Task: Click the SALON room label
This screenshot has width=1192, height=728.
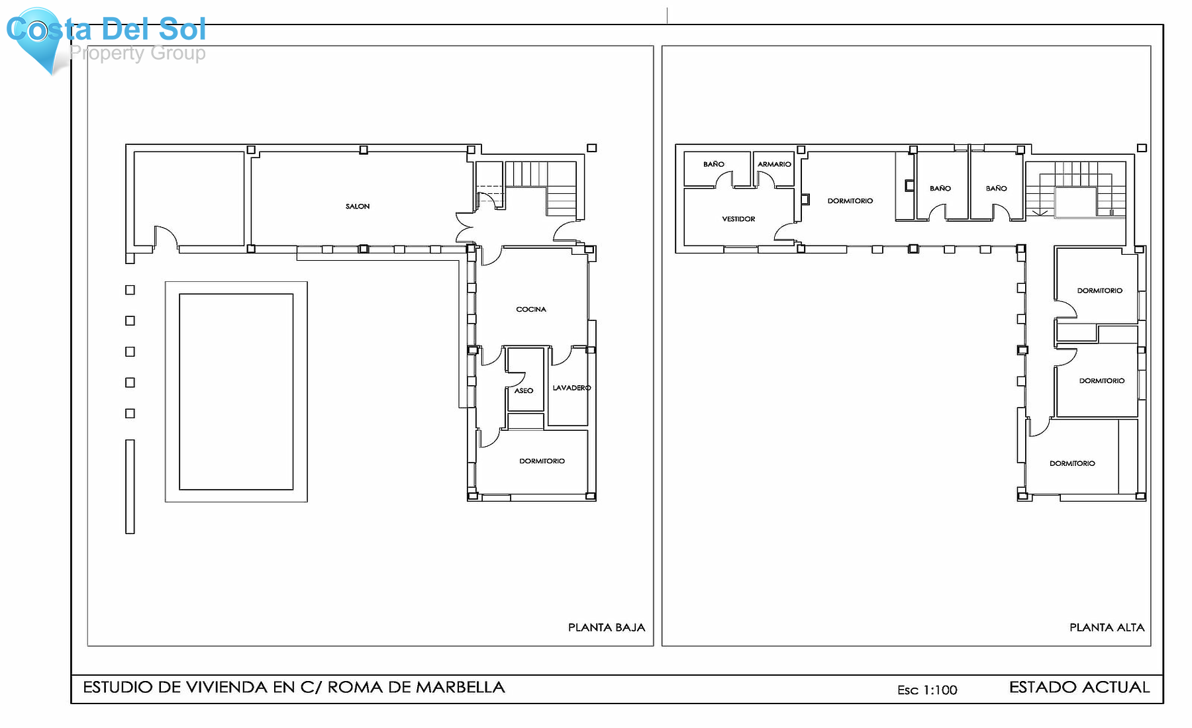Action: (358, 206)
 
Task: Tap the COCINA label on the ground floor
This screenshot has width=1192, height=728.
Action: (531, 309)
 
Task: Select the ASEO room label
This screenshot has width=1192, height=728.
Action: (524, 390)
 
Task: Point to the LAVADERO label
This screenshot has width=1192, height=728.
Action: (571, 388)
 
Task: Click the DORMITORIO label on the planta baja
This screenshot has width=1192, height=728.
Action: (542, 461)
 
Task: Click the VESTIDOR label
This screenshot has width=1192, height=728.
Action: (738, 219)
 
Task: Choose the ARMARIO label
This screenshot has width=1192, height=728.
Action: (774, 164)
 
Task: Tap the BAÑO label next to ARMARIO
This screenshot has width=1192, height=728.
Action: (714, 164)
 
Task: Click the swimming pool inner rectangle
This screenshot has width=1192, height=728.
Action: (236, 392)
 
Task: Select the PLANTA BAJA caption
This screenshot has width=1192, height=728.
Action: (606, 627)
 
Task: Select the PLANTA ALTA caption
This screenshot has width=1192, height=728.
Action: (1107, 627)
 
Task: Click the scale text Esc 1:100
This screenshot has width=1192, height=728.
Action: (927, 690)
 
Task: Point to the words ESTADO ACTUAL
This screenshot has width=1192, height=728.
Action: (1079, 687)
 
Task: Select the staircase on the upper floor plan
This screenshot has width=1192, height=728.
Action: (1076, 189)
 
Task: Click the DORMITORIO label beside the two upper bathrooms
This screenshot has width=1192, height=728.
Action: (850, 201)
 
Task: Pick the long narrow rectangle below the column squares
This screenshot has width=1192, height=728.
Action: (130, 486)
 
